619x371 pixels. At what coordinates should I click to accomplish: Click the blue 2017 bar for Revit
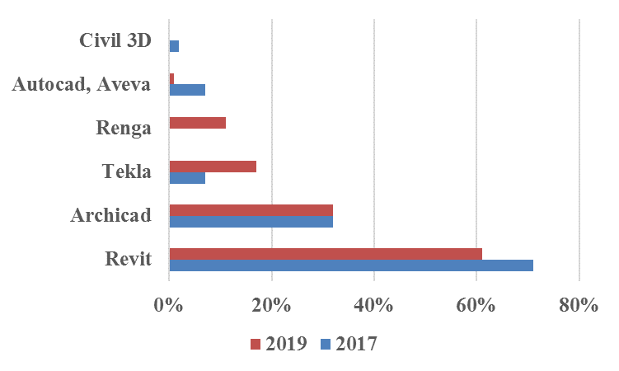(350, 265)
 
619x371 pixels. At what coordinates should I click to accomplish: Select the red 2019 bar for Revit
(325, 254)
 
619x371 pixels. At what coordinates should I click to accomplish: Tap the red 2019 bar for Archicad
(251, 209)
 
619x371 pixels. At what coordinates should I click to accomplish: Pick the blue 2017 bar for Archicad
(251, 221)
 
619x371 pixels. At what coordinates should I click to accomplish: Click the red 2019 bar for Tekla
(212, 167)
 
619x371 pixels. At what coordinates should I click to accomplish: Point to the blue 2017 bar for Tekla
(187, 177)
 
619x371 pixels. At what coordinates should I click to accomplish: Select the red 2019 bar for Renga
(197, 123)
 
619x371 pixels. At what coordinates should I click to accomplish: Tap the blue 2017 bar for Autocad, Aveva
(187, 89)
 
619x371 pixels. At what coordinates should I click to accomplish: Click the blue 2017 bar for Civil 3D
(174, 46)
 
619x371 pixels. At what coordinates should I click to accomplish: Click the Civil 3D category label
(115, 40)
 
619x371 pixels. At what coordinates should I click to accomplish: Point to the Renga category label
(124, 128)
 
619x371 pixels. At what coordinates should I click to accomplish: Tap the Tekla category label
(127, 171)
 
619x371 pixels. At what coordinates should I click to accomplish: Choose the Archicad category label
(111, 216)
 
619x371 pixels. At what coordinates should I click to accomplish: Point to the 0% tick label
(168, 304)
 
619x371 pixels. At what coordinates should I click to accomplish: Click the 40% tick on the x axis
(373, 304)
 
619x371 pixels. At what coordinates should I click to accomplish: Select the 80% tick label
(578, 304)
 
